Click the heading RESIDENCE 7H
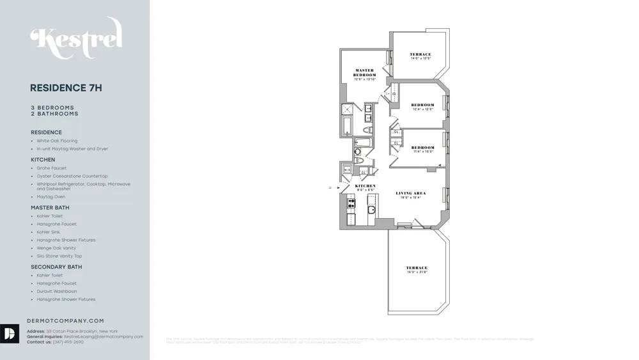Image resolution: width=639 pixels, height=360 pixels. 66,88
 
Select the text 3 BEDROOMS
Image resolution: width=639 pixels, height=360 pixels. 52,107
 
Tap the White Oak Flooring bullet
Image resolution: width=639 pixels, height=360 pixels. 57,141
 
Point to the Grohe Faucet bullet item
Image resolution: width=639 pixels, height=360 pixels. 51,168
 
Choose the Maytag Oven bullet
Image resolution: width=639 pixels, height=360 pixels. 50,197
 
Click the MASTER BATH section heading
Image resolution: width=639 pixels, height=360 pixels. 50,208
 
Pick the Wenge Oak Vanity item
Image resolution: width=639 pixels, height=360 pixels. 56,248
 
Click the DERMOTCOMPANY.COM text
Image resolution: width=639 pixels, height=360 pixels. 65,321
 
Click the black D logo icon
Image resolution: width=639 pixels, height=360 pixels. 10,334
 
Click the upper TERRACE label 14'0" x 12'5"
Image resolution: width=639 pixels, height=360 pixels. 420,56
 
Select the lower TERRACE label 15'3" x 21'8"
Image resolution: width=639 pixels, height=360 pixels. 417,270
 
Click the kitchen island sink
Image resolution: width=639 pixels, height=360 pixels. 371,210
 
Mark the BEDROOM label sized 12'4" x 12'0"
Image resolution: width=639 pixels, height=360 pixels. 422,106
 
